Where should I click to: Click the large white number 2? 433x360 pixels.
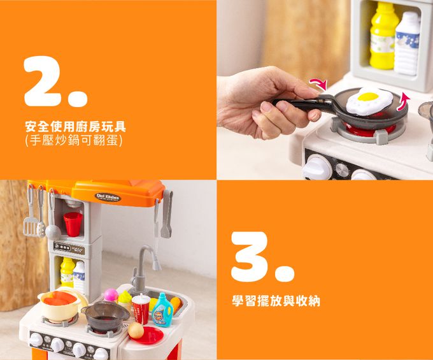coord(48,81)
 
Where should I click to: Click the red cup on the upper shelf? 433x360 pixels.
coord(73,224)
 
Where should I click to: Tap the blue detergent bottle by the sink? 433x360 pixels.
coord(163,310)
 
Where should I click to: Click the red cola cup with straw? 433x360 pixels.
coord(141,310)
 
